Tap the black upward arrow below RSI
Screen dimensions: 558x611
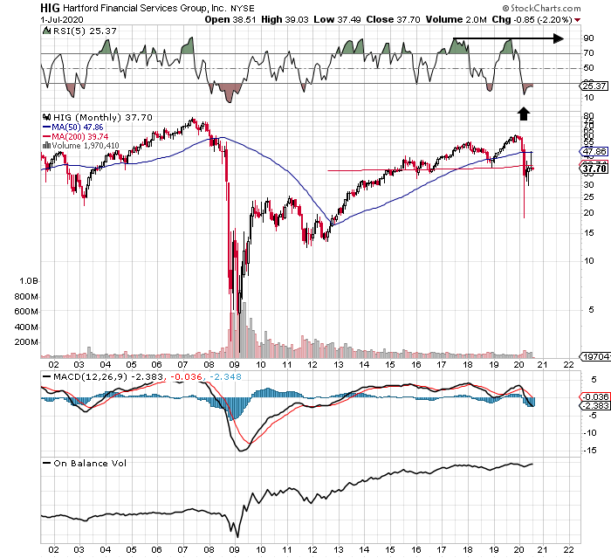(x=524, y=112)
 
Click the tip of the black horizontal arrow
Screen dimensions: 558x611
(x=563, y=38)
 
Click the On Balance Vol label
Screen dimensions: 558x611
(x=88, y=463)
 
